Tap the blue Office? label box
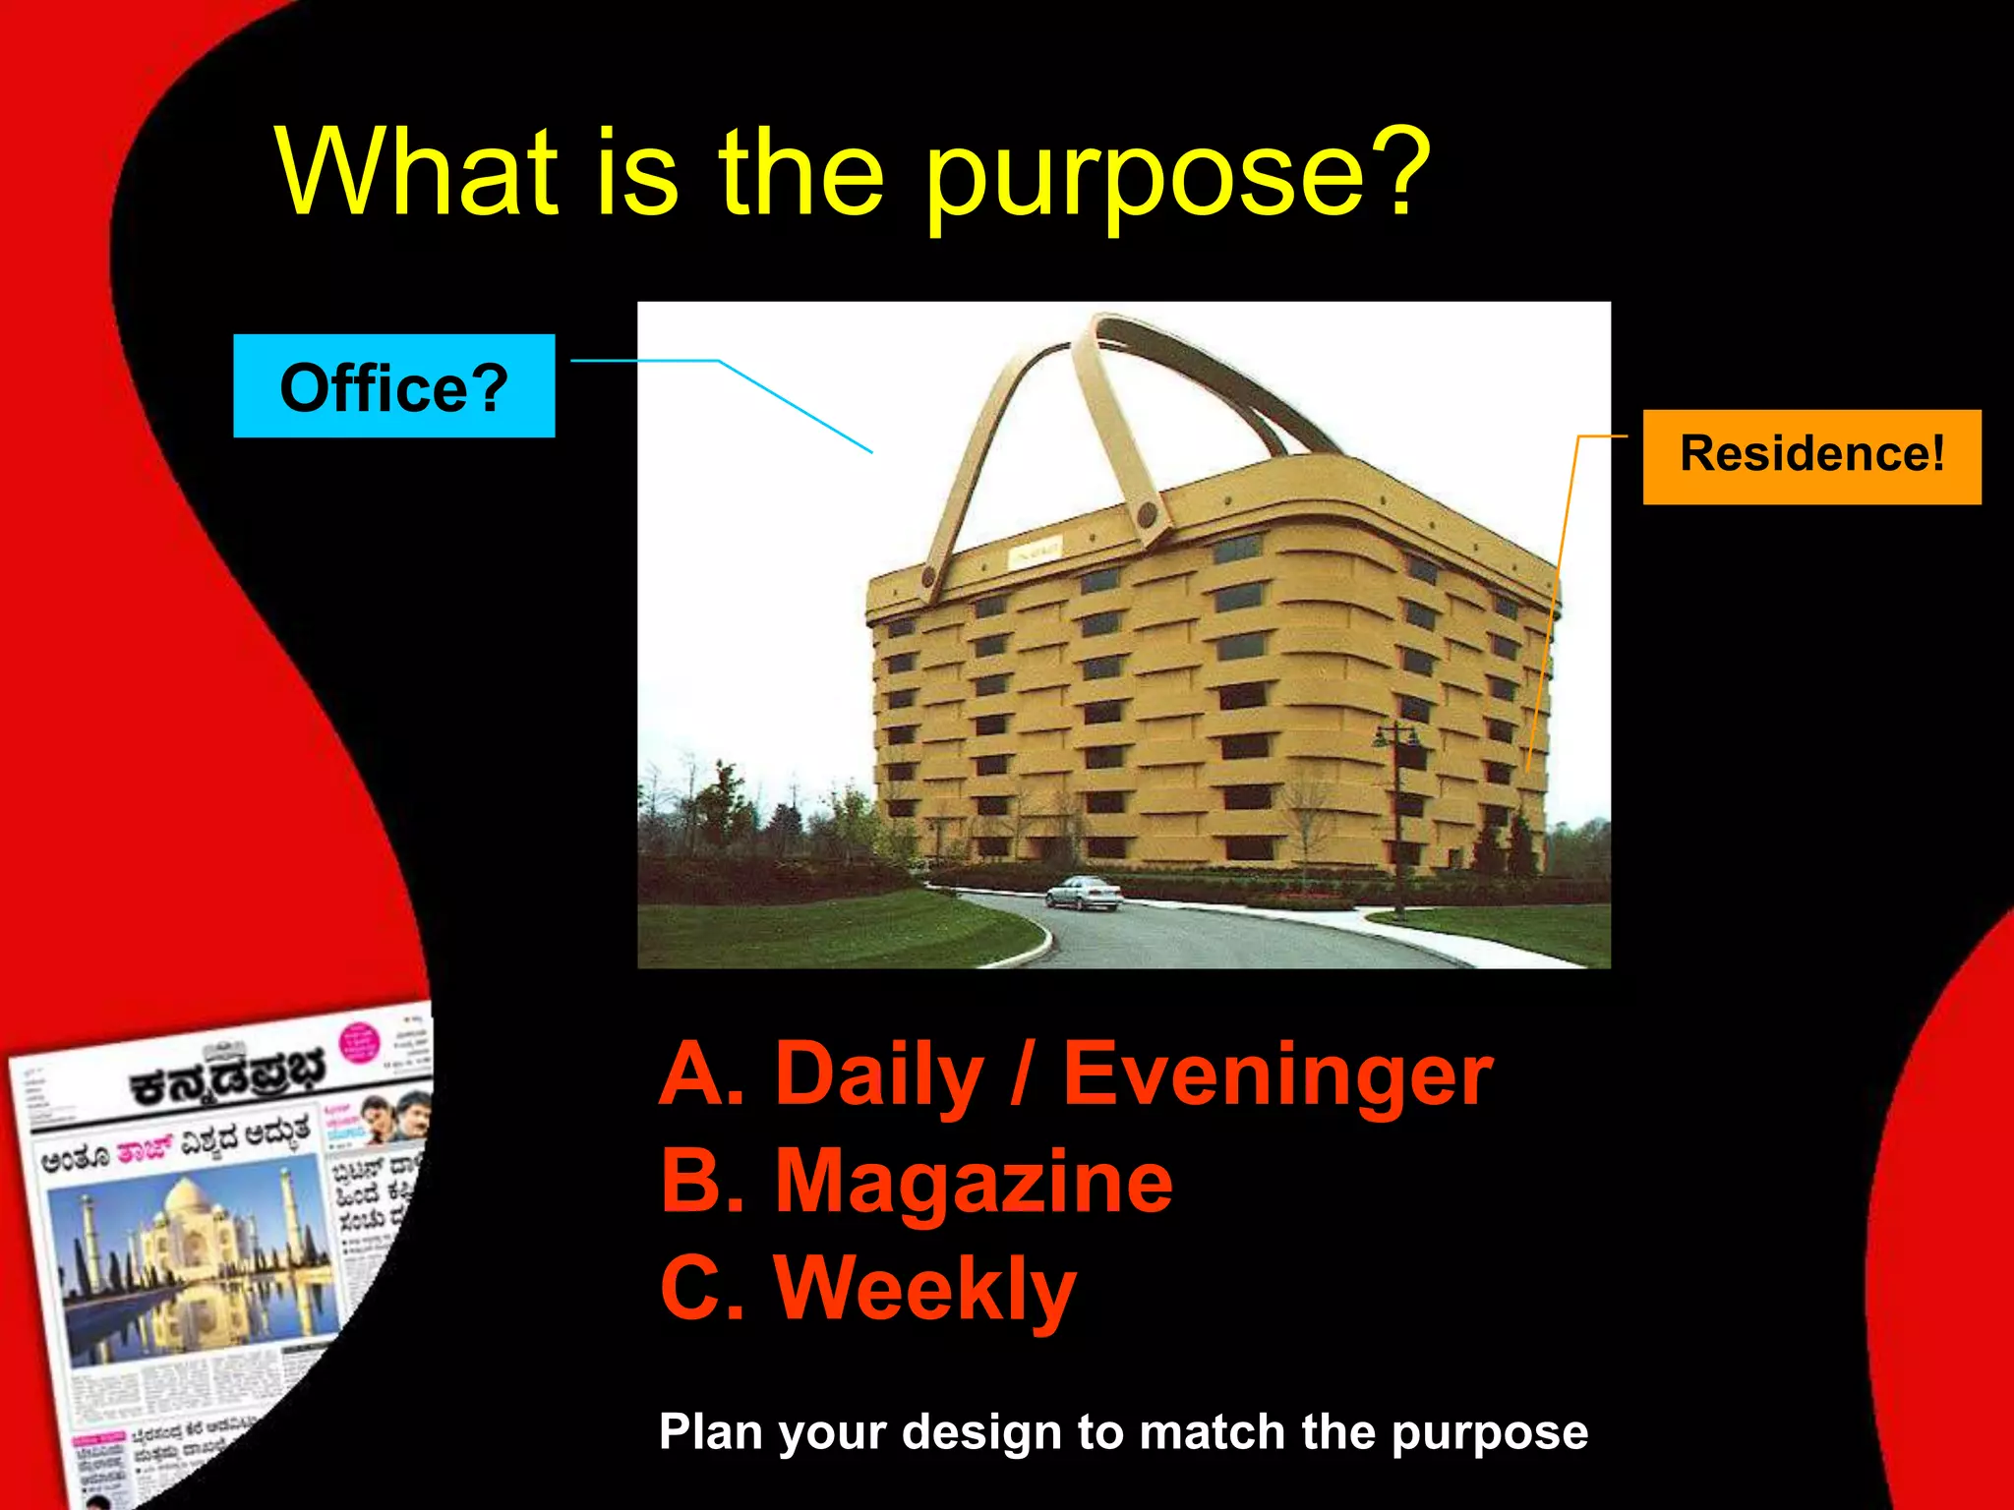pyautogui.click(x=393, y=386)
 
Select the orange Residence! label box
pyautogui.click(x=1811, y=456)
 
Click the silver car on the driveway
pyautogui.click(x=1083, y=893)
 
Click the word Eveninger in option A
pyautogui.click(x=1276, y=1074)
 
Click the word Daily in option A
pyautogui.click(x=878, y=1074)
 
